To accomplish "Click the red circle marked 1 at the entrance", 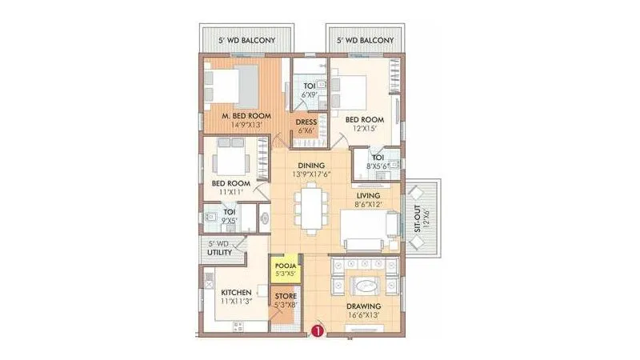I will coord(318,329).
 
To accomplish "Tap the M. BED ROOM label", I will coord(246,116).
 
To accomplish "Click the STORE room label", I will coord(286,297).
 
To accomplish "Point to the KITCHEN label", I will coord(237,292).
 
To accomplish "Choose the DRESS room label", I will coord(306,122).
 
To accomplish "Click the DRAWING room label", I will coord(363,306).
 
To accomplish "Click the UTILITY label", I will coord(219,253).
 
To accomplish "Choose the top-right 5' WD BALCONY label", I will coord(365,39).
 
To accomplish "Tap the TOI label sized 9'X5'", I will coord(230,212).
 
